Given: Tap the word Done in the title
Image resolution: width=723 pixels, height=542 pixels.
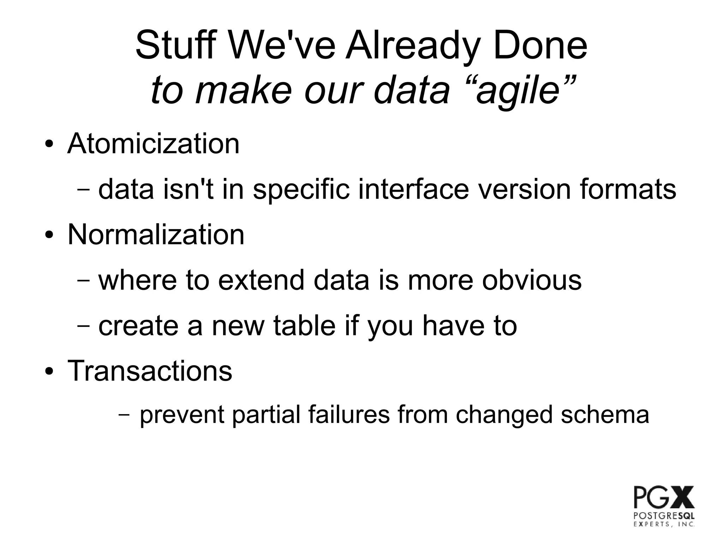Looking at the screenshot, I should [x=540, y=46].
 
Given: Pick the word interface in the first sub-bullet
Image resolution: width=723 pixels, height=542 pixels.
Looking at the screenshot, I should [x=413, y=189].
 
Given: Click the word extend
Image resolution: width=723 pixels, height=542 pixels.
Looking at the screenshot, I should [x=261, y=280].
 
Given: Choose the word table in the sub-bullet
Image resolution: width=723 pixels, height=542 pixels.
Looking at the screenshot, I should [x=304, y=325].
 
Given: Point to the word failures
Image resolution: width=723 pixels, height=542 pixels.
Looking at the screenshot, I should [x=349, y=415].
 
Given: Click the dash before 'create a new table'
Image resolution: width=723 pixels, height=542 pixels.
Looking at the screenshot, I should [x=83, y=325].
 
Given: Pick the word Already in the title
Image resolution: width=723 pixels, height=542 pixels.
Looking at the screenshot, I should [x=413, y=46].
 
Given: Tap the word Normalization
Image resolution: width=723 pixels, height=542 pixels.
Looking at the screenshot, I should [x=156, y=234].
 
